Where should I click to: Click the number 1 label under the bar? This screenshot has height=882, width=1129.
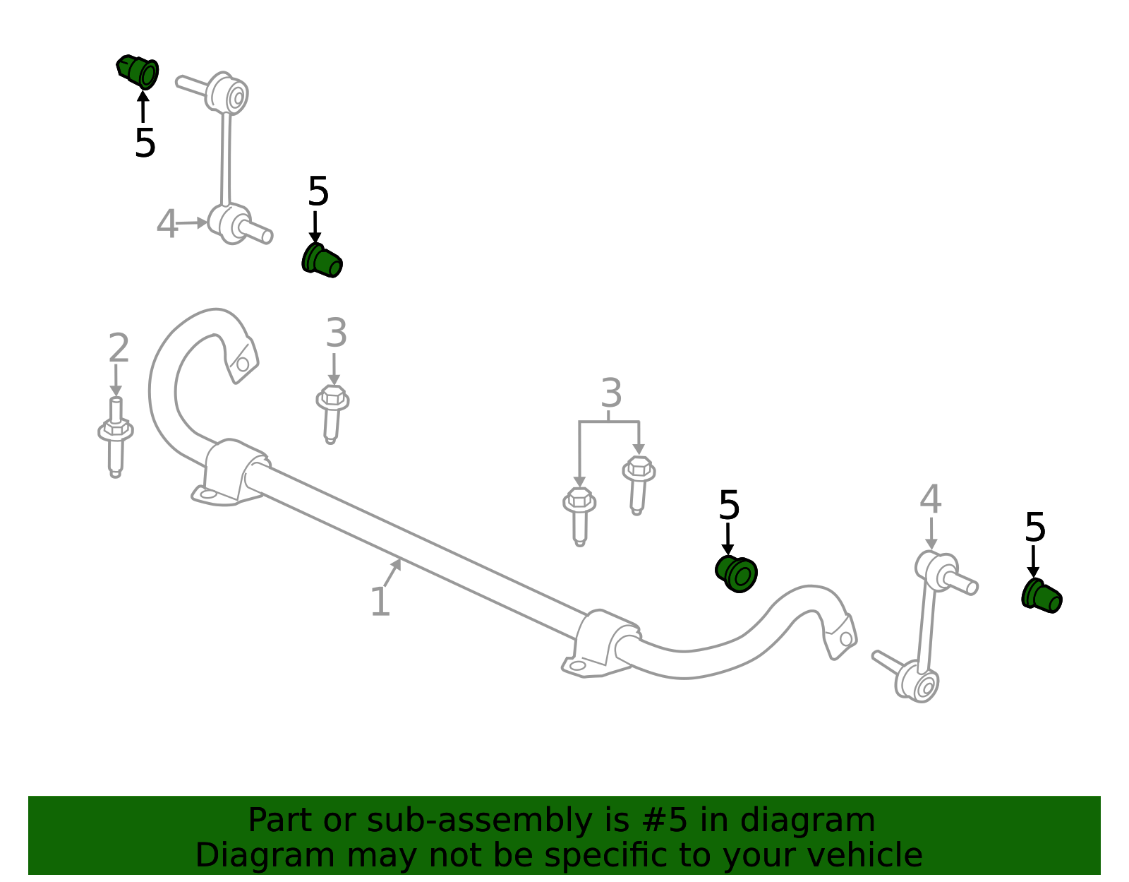(x=380, y=602)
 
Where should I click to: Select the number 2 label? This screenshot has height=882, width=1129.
(x=119, y=347)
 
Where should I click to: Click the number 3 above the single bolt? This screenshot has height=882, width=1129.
(x=336, y=333)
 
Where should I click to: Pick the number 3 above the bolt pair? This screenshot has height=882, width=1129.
(x=611, y=393)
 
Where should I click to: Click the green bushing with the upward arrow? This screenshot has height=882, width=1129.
(x=137, y=72)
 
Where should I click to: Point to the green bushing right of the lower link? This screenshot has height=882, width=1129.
(x=1042, y=596)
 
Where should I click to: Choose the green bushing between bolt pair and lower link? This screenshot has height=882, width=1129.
(x=736, y=574)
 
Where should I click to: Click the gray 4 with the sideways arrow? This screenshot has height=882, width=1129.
(x=167, y=224)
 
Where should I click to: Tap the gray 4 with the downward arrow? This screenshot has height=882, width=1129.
(x=930, y=499)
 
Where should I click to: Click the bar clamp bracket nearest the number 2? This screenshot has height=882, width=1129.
(x=230, y=472)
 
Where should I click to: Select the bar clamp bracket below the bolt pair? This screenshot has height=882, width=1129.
(x=601, y=643)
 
